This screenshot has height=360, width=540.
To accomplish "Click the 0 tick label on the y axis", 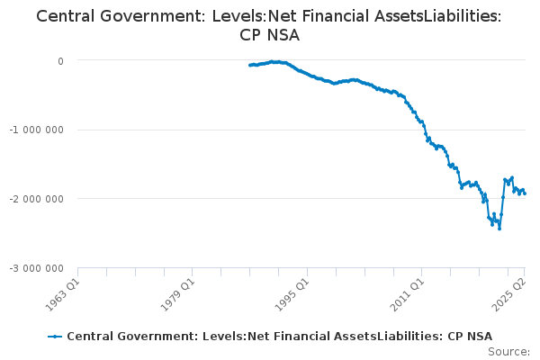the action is pos(60,61).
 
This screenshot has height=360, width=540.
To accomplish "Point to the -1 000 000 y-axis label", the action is pos(37,130).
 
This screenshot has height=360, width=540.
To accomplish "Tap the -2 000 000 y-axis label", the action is pos(37,199).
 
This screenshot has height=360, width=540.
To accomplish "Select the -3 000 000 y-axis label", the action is pos(37,268).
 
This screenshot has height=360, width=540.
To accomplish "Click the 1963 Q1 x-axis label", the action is pos(63,295).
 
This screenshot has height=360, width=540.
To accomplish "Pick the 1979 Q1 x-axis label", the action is pos(178,295).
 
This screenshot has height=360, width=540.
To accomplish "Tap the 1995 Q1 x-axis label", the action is pos(292,295).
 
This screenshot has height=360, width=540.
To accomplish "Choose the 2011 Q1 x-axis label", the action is pos(408,295).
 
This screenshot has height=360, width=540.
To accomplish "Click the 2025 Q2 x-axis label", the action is pos(509,295).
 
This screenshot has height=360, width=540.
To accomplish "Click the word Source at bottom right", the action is pos(508,352).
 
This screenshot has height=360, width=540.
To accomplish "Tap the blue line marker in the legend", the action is pos(55,337).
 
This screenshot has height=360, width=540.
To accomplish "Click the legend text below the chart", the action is pos(279,337).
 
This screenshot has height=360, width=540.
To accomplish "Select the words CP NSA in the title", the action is pos(270,35).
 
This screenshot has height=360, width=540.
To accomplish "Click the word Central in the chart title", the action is pos(65,16).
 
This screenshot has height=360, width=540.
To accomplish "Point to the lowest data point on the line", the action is pos(499,229).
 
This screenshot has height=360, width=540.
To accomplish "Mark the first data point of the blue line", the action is pos(250,65).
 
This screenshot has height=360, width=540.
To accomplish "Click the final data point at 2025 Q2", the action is pos(525,193).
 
